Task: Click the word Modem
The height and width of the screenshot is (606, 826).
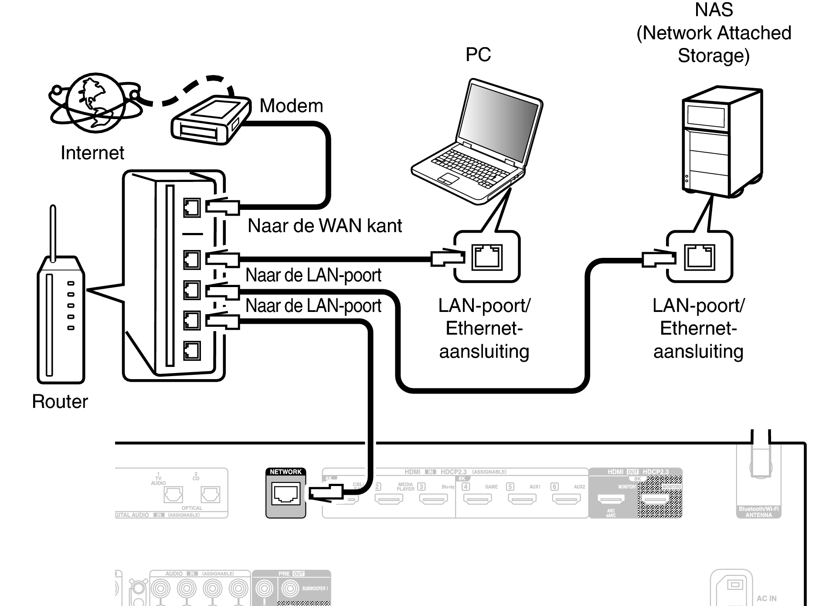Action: tap(291, 106)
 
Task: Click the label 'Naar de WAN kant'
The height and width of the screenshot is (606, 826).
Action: tap(324, 226)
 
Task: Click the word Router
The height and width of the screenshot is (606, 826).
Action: tap(60, 401)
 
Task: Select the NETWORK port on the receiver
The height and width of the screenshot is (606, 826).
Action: tap(286, 494)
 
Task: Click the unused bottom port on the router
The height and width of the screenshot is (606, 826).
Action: tap(192, 350)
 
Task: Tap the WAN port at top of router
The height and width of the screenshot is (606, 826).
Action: tap(192, 208)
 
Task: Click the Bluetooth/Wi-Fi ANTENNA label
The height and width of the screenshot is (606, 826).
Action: tap(758, 512)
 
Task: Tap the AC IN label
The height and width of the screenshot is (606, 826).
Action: tap(766, 599)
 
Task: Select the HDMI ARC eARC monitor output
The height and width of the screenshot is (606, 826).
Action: tap(611, 498)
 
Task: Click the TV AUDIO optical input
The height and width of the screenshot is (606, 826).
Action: tap(173, 495)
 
